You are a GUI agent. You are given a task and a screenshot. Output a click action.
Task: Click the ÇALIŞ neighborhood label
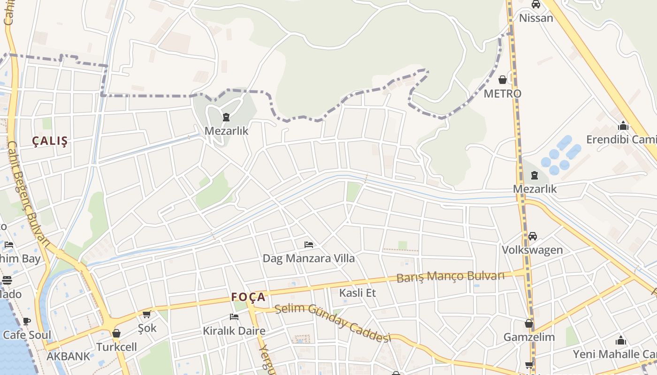point(50,141)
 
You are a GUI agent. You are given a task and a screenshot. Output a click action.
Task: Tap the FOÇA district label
point(248,297)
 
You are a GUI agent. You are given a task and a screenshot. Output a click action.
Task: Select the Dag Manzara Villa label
point(308,258)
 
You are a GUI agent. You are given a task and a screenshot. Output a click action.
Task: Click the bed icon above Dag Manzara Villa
point(308,244)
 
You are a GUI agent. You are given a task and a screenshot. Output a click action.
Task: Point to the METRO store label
point(502,94)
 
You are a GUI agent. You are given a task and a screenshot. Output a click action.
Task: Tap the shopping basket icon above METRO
point(503,80)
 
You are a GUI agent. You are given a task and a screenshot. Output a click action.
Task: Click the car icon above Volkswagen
point(532,236)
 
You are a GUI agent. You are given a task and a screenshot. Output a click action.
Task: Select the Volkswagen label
point(532,250)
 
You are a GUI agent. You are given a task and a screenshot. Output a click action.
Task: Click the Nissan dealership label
point(535,18)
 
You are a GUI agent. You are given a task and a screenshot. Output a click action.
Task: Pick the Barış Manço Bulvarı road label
point(451,277)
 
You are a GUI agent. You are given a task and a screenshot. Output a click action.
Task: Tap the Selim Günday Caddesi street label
point(333,322)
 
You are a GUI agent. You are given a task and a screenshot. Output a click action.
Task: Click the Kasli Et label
point(358,293)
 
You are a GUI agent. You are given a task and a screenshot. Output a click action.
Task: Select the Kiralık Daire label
point(234,331)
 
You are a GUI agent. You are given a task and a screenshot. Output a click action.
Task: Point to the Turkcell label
point(116,347)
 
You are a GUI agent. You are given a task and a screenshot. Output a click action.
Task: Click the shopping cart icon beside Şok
point(146,315)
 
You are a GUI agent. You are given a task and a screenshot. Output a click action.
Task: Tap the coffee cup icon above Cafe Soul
point(27,322)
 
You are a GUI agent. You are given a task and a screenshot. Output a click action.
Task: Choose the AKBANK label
point(68,356)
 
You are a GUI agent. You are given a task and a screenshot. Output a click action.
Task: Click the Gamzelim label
point(529,337)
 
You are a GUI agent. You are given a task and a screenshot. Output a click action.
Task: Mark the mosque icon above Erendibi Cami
point(623,126)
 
